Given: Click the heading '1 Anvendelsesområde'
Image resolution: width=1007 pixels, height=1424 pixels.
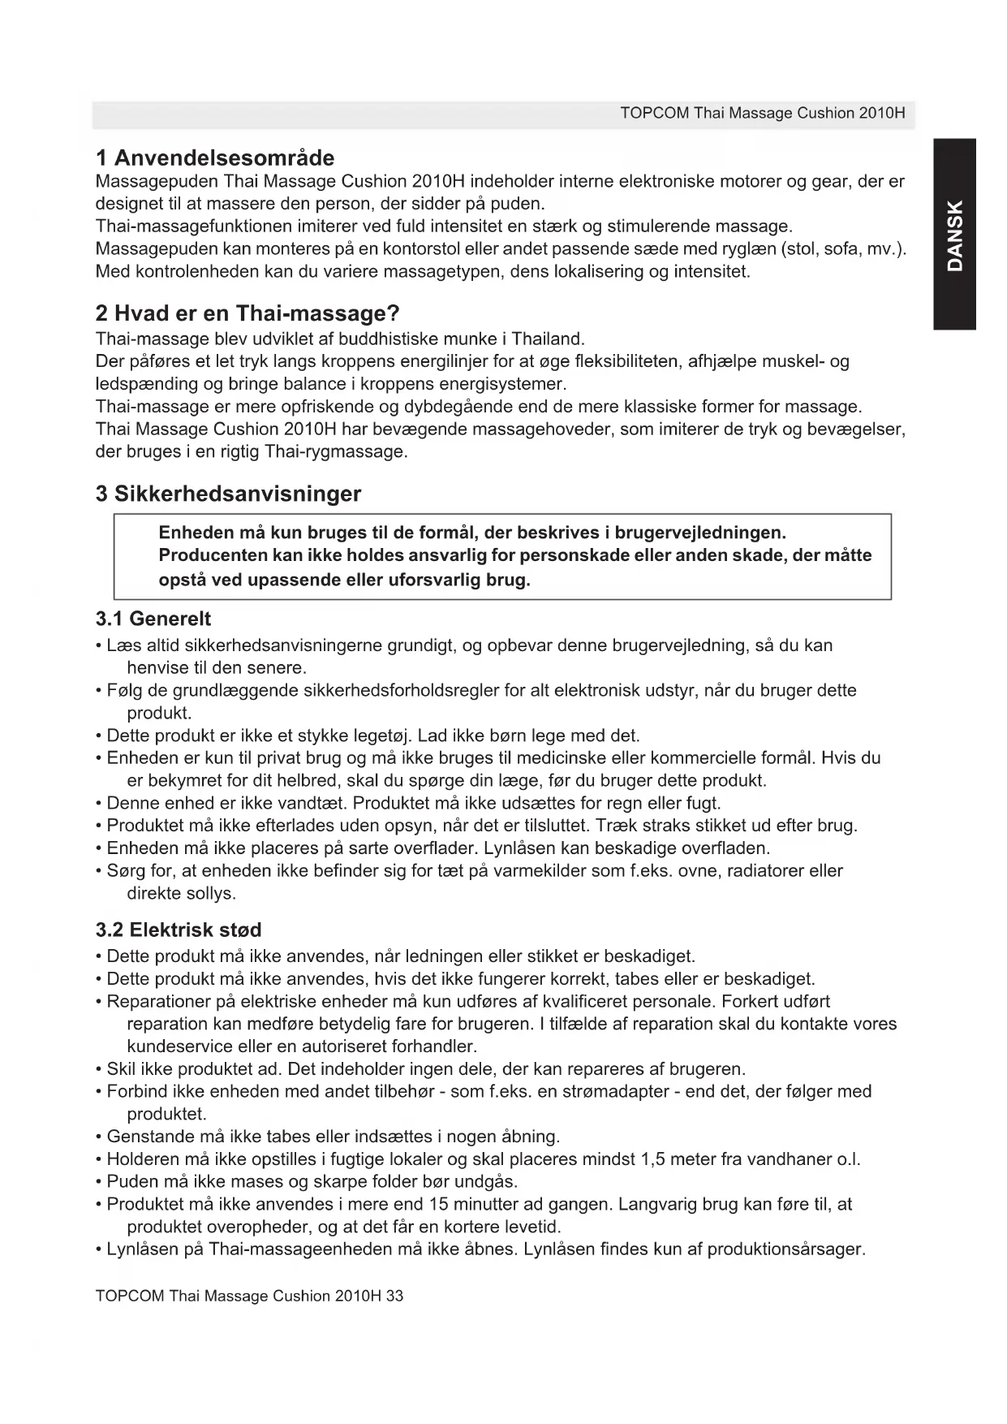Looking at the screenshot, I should tap(215, 158).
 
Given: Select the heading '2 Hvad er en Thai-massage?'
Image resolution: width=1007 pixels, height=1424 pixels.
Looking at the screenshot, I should tap(247, 313).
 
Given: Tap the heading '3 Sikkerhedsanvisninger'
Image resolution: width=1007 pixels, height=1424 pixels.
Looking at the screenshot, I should tap(228, 494).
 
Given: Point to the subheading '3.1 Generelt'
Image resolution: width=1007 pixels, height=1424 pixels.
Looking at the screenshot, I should tap(153, 619).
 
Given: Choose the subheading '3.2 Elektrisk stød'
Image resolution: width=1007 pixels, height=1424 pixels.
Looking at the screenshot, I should tap(179, 930).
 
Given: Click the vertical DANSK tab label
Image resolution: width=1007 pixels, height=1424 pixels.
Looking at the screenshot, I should tap(955, 235).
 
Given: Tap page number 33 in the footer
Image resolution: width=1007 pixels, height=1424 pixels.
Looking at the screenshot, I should tap(394, 1296).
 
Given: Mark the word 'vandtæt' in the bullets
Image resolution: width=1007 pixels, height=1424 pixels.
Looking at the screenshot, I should tap(308, 804).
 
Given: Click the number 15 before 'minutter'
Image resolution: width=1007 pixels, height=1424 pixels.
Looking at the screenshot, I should tap(439, 1205).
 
